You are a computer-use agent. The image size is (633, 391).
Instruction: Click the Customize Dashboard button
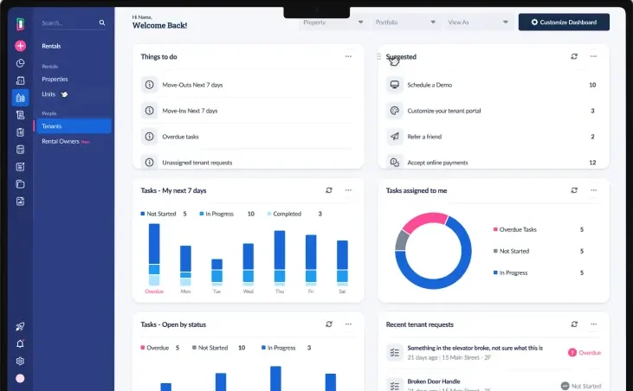click(x=564, y=22)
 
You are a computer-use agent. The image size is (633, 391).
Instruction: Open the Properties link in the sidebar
click(x=55, y=79)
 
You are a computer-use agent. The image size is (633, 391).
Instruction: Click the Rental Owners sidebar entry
click(x=61, y=141)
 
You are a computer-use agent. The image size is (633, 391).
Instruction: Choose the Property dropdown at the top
click(x=333, y=22)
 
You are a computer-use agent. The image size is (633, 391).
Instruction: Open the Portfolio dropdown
click(x=405, y=22)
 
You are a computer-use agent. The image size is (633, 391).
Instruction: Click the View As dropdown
click(x=478, y=22)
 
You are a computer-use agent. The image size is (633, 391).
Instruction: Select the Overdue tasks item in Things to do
click(x=181, y=137)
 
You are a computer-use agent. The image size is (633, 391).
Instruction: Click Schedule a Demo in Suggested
click(x=430, y=85)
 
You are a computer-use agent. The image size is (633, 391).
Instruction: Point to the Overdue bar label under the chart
click(x=154, y=292)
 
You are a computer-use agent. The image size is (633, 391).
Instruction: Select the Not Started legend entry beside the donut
click(x=514, y=251)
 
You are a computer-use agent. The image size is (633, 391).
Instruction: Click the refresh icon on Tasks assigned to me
click(x=574, y=190)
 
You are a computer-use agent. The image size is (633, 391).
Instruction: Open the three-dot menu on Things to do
click(x=348, y=56)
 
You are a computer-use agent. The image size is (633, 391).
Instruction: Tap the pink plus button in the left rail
click(x=20, y=46)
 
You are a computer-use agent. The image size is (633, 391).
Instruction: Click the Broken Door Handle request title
click(x=435, y=381)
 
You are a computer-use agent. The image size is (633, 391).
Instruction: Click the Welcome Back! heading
click(x=159, y=26)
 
